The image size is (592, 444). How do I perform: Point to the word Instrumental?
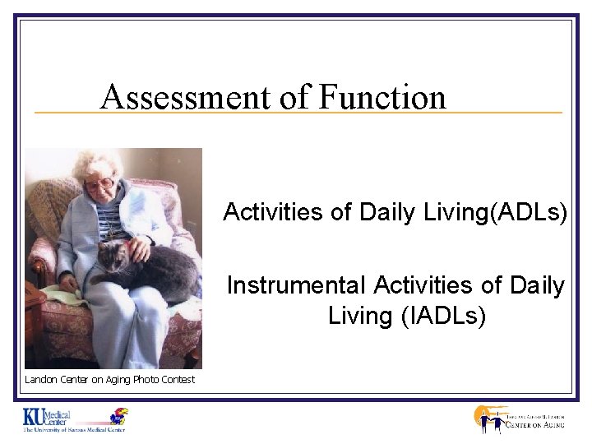click(297, 285)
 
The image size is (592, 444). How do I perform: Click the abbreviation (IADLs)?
click(447, 315)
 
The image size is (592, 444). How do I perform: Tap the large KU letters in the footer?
click(36, 417)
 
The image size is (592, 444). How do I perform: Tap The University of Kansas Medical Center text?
click(73, 430)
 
